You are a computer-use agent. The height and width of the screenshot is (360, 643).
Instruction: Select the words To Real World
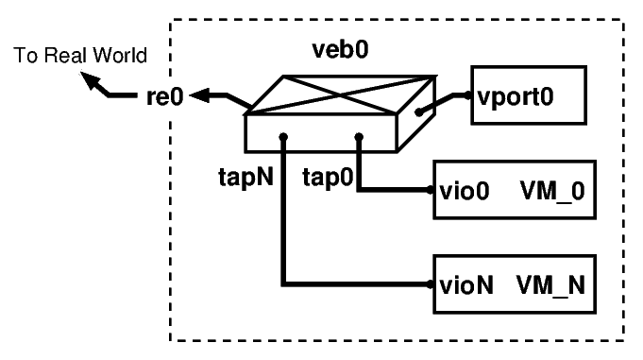click(x=79, y=57)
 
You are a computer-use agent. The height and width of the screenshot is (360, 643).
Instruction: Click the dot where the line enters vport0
click(x=466, y=95)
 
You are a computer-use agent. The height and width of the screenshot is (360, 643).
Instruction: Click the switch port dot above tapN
click(x=282, y=138)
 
